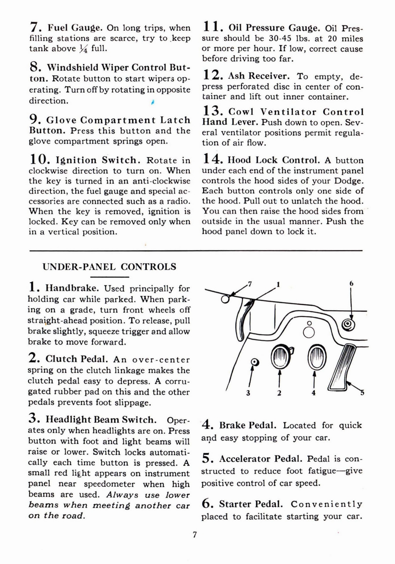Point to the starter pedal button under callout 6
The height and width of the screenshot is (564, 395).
click(349, 324)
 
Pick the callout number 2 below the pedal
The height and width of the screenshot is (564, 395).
click(279, 393)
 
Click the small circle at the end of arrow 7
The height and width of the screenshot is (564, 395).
click(225, 299)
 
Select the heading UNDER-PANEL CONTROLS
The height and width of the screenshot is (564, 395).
click(109, 266)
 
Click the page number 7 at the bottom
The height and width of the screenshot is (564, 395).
click(195, 534)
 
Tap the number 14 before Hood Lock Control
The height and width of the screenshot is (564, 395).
click(212, 159)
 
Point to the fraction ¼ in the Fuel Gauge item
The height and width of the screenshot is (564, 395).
click(83, 49)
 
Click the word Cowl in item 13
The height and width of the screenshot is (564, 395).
click(242, 112)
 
